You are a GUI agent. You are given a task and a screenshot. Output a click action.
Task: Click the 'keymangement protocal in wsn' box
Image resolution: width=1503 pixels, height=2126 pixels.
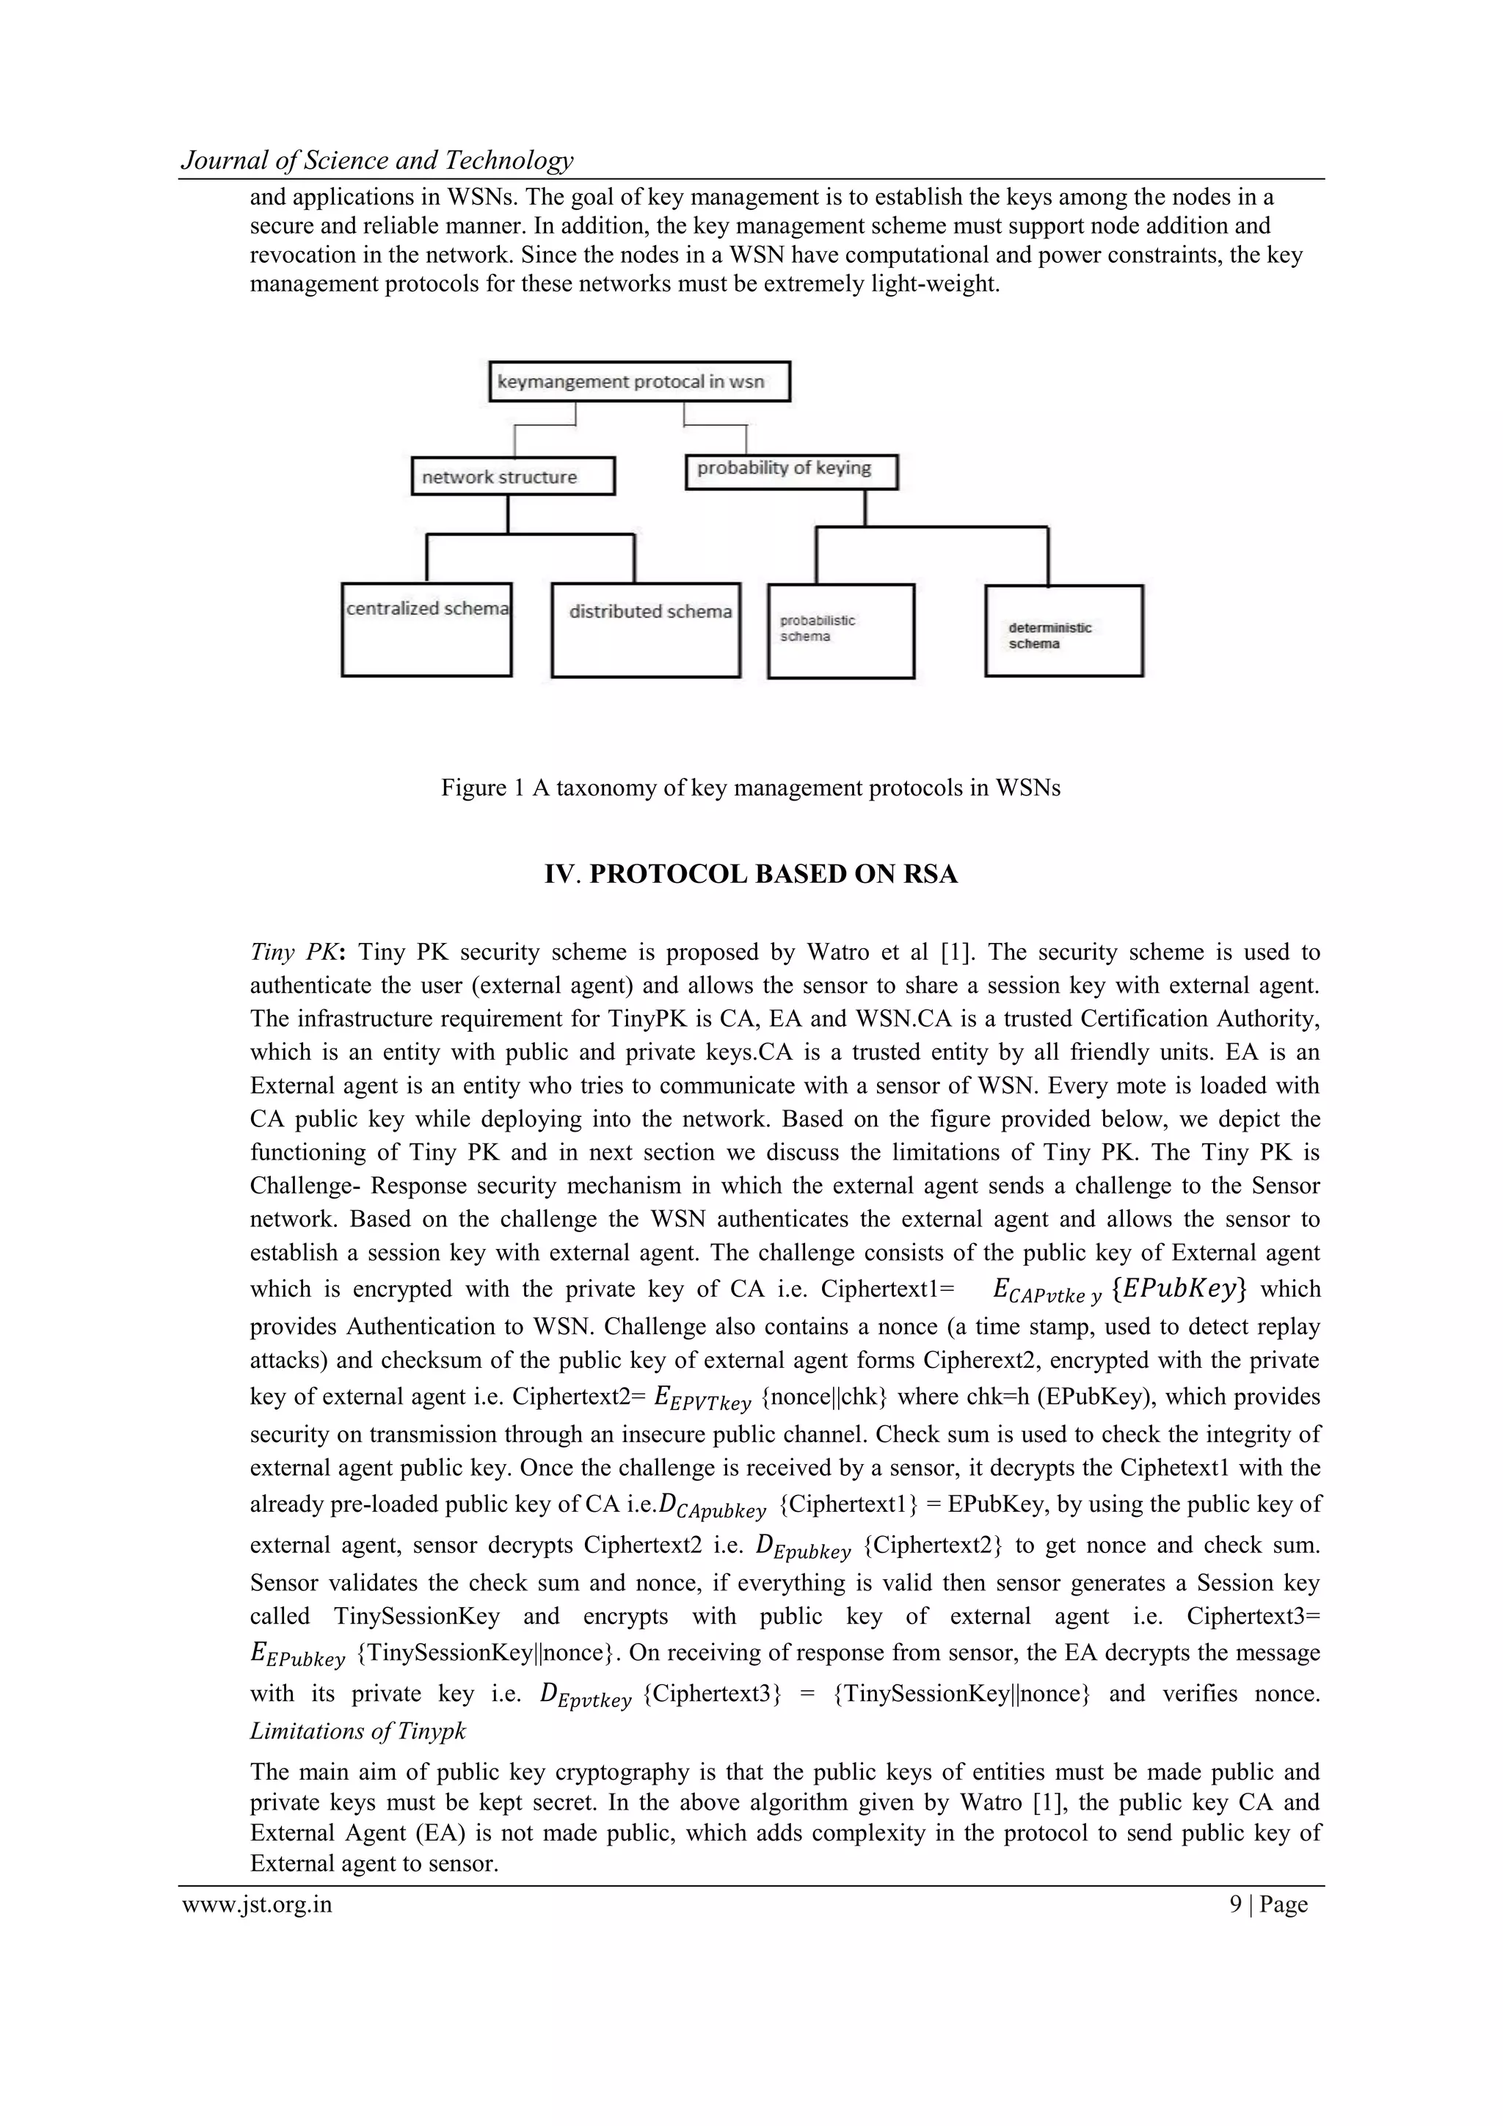pos(639,382)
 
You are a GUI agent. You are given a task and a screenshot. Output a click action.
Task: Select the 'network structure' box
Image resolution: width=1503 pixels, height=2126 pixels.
pos(512,477)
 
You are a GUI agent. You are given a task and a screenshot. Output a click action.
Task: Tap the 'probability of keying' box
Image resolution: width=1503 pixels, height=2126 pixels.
pos(791,470)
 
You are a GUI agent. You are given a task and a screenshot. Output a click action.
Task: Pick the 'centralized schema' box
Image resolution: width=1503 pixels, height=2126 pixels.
pos(427,629)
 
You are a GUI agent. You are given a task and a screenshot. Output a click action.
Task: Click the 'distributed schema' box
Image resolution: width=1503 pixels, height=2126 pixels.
pos(646,630)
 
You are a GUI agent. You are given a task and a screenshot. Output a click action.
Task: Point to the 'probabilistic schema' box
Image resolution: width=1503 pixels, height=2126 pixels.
pos(841,632)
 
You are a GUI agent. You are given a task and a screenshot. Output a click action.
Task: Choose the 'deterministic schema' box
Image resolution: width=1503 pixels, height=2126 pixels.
pos(1063,632)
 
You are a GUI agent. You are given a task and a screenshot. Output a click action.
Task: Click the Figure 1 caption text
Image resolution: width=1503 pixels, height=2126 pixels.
pos(750,788)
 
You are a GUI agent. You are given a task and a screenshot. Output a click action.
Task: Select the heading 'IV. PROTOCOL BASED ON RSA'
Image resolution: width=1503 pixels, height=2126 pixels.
pos(750,874)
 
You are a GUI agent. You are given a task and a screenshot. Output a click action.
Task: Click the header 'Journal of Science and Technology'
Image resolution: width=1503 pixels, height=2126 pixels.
pos(377,160)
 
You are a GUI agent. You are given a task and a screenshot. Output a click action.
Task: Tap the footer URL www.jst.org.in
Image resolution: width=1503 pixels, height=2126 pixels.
pos(258,1904)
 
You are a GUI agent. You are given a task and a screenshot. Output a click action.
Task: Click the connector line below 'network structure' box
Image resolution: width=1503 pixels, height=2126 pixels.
pos(507,514)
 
